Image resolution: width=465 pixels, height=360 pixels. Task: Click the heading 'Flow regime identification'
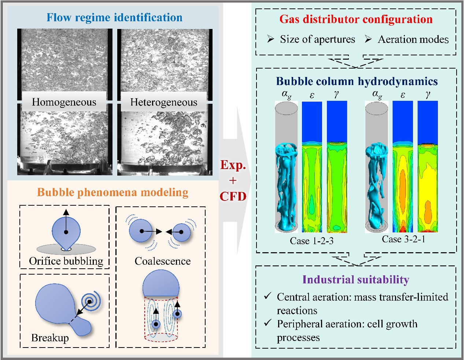click(114, 18)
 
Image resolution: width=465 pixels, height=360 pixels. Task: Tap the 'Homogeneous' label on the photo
click(64, 102)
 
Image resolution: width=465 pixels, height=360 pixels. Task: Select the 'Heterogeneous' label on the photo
click(163, 102)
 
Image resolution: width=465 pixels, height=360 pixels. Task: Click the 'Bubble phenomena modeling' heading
click(113, 192)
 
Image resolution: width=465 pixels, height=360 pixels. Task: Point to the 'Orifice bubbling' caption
click(66, 261)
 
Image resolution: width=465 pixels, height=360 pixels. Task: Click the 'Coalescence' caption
click(163, 261)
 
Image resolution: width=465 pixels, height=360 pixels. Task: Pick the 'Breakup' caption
click(50, 338)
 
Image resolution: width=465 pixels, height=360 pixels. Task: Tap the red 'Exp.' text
click(233, 165)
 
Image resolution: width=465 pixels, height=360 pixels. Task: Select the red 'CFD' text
click(233, 196)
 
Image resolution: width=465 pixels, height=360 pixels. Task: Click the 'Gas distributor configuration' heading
click(356, 19)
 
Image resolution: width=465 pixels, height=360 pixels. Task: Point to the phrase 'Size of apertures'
click(317, 39)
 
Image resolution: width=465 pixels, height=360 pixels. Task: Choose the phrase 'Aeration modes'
click(413, 39)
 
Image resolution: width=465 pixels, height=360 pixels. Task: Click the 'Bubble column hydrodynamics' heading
click(357, 81)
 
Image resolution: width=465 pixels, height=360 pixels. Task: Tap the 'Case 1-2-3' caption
click(311, 241)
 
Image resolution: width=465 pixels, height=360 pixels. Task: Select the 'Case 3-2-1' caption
click(403, 239)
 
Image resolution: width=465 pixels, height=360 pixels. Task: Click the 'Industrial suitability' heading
click(356, 280)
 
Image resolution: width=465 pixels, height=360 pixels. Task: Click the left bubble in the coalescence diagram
click(141, 231)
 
